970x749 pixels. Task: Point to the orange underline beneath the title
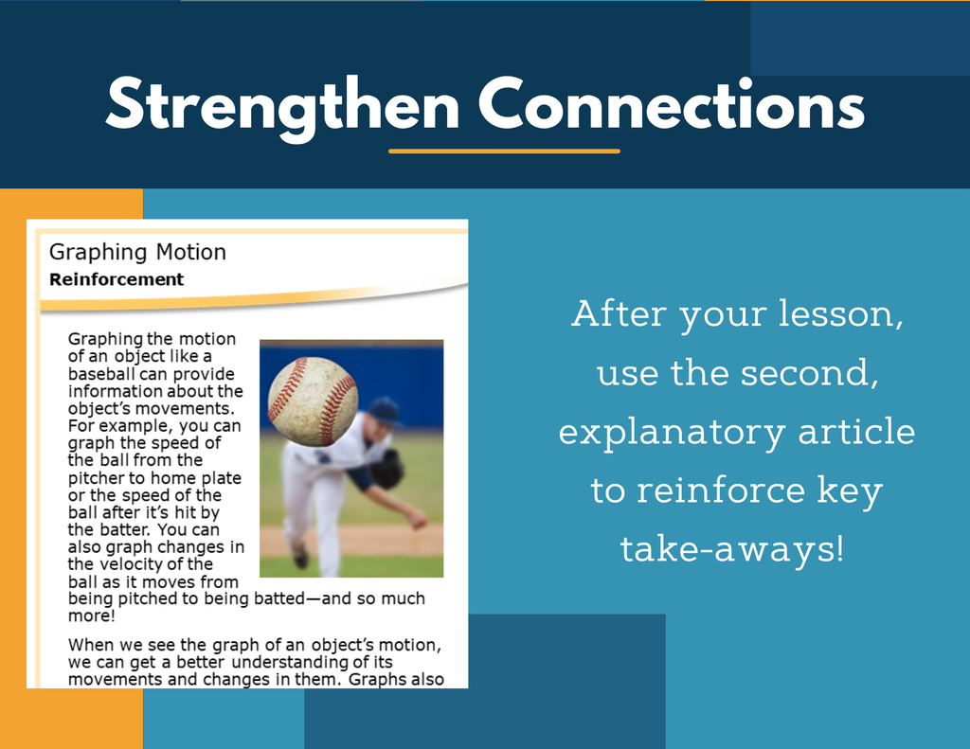[504, 151]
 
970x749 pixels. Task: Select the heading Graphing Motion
[137, 253]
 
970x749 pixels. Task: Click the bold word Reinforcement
[117, 279]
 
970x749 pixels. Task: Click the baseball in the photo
[313, 401]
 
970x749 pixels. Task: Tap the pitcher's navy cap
[385, 411]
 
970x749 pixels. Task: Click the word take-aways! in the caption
[732, 548]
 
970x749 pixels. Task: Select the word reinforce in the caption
[721, 490]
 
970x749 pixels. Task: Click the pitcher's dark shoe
[299, 554]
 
